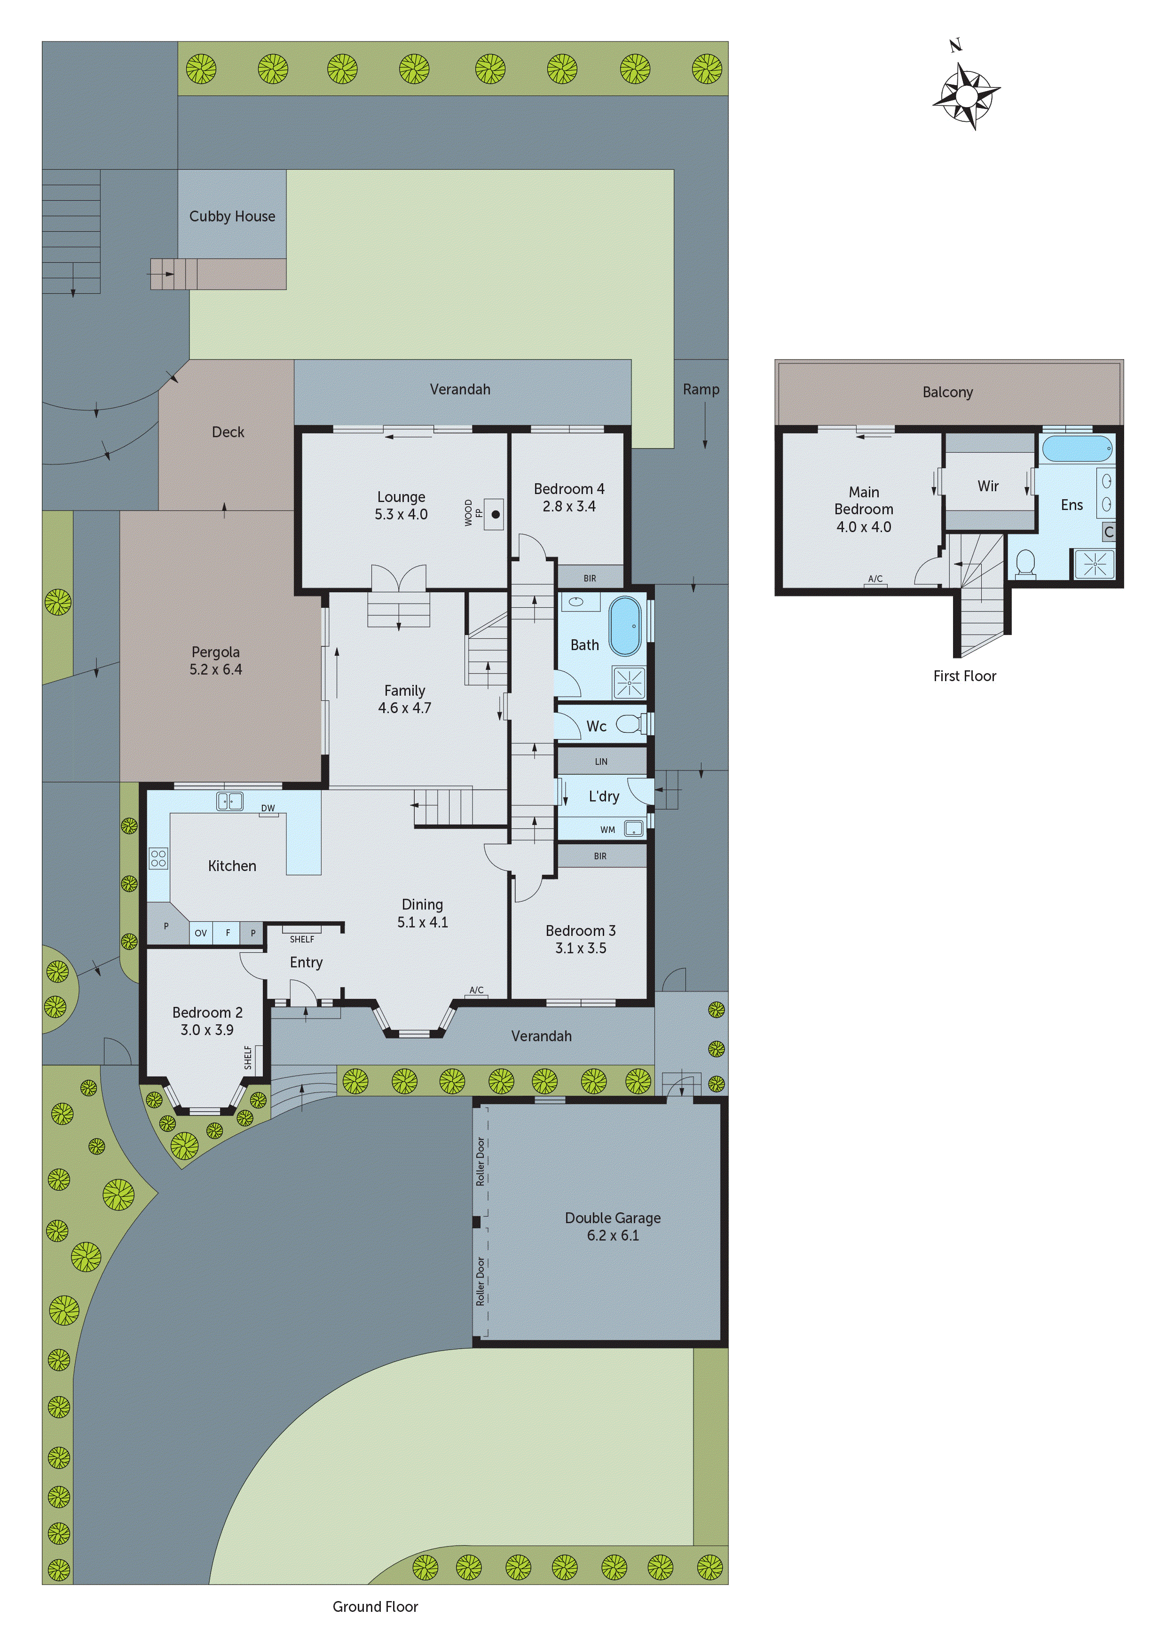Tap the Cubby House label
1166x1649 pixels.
coord(232,216)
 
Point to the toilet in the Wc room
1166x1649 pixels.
coord(630,724)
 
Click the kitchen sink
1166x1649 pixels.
coord(230,801)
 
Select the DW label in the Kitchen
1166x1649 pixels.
coord(268,808)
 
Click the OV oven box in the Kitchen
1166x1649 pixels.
coord(200,933)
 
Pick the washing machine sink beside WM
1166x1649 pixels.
coord(633,829)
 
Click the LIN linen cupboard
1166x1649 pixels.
coord(601,762)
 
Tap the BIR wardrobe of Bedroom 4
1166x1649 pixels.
coord(590,577)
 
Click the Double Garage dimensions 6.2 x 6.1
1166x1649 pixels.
coord(613,1235)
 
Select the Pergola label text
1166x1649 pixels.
coord(215,652)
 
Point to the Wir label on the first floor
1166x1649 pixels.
coord(988,486)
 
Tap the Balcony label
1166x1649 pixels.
coord(947,392)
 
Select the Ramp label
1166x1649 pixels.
coord(701,389)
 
